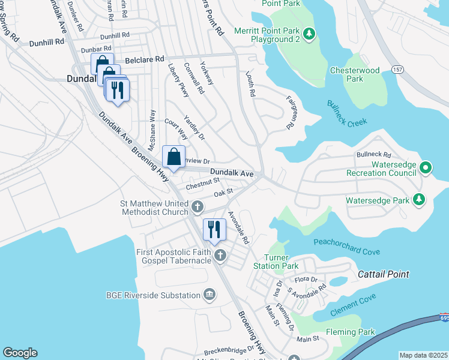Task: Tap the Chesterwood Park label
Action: [x=355, y=74]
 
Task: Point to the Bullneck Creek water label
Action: [x=346, y=113]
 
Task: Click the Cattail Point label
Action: [x=383, y=274]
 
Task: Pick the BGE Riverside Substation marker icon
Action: [x=209, y=295]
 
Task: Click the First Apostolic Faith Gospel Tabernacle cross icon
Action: [x=220, y=256]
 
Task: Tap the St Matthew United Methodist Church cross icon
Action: [x=197, y=208]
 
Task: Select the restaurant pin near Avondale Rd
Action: [x=214, y=229]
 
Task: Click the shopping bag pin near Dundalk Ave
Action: [x=173, y=157]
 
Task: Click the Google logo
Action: [x=20, y=353]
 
